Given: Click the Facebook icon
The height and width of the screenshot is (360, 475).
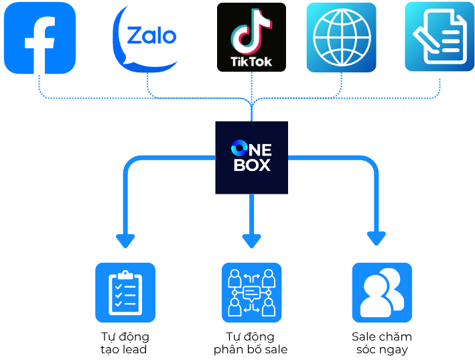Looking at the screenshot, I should coord(40,38).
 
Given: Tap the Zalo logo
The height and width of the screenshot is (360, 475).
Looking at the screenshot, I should coord(147,37).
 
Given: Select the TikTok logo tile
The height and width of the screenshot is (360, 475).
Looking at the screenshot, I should coord(251,37).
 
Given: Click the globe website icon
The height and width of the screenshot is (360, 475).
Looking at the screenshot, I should coord(341,37).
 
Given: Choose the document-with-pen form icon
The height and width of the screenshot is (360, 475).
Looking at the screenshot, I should coord(439,36).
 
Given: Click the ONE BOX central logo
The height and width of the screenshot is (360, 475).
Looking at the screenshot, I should coord(251,158).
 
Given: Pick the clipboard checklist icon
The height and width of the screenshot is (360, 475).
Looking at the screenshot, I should coord(125,292).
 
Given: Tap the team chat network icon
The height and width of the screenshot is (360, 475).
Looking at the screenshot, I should coord(251,292).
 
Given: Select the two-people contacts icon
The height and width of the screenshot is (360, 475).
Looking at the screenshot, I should coord(382,292).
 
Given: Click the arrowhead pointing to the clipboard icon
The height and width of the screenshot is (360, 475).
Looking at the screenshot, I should coord(125,241).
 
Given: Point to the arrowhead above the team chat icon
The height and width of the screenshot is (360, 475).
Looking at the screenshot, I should coord(251,241).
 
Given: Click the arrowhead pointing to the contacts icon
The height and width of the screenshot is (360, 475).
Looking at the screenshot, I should coord(377,238).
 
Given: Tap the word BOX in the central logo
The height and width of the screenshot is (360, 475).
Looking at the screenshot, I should coord(252,164).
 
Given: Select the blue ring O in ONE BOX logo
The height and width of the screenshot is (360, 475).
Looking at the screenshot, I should coord(238,149).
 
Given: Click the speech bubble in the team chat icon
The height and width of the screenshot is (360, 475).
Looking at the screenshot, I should coord(252,293).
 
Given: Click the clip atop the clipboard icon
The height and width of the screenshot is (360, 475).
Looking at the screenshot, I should coord(125,274).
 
